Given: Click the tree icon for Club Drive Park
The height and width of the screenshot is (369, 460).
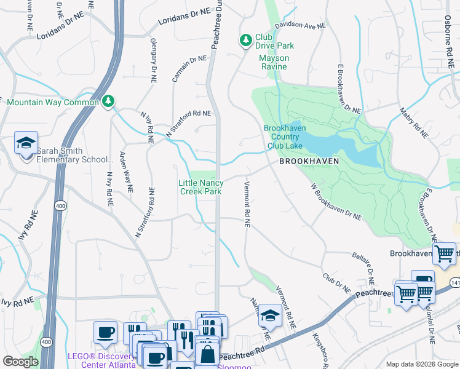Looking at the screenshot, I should pos(246,40).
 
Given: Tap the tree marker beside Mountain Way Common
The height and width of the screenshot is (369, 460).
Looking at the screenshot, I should pos(109,101).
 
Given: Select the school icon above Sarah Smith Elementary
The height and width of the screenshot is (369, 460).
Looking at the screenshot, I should pos(26,143).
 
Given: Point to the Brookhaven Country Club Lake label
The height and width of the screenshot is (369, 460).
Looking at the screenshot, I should pos(283,137).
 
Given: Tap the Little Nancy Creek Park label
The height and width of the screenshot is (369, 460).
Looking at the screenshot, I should pos(200,187).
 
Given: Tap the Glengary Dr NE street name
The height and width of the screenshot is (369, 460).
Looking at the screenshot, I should pos(153,60).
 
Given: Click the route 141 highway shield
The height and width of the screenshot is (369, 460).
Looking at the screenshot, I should pos(454,282).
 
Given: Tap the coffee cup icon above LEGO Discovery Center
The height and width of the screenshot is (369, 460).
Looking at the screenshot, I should pos(105,332).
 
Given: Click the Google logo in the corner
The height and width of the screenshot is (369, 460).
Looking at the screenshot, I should pos(20,362).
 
